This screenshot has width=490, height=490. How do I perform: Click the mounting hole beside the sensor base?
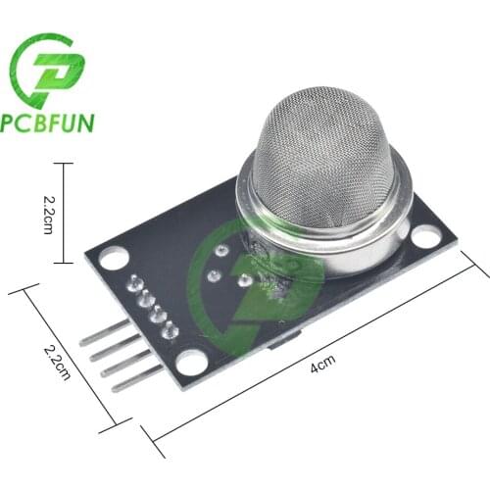(426, 236)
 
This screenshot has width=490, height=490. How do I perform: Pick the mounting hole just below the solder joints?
(193, 361)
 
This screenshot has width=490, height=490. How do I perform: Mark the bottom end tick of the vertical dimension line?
(65, 262)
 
